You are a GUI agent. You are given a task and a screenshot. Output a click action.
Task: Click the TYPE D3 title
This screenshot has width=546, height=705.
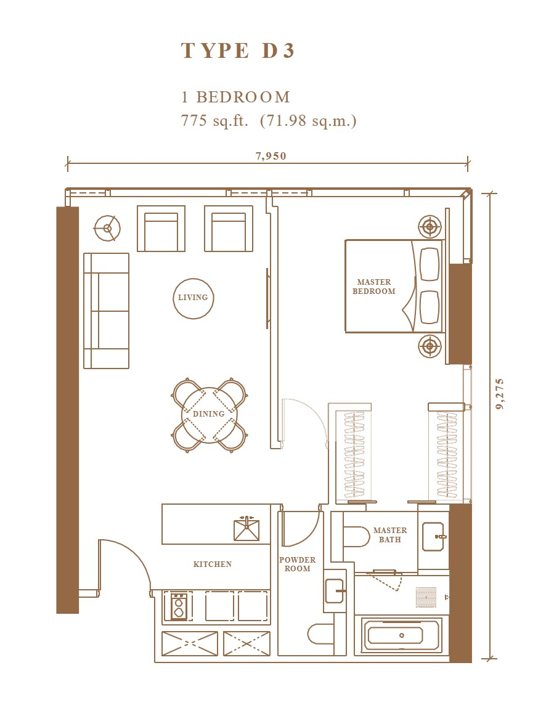click(x=237, y=51)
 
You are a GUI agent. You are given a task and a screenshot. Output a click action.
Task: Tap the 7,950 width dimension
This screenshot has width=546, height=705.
click(x=271, y=156)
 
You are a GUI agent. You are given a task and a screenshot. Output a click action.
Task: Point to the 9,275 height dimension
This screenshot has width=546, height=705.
click(x=500, y=394)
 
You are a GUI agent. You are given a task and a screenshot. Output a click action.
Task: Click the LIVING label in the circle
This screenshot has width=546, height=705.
click(x=193, y=297)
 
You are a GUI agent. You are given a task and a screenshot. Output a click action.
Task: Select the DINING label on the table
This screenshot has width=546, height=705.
click(x=209, y=414)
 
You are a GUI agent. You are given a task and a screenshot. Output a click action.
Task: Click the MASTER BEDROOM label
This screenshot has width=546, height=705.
click(x=373, y=287)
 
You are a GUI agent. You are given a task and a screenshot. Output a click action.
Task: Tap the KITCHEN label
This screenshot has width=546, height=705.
click(x=212, y=564)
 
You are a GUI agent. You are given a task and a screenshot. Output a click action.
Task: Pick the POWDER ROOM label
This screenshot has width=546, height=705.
click(x=297, y=564)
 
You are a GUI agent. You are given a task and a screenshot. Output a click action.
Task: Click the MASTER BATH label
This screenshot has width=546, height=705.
click(x=390, y=534)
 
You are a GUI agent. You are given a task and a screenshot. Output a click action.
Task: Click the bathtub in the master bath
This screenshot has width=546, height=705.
click(x=402, y=635)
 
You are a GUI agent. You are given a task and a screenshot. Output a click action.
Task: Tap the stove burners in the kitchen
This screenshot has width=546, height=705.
click(x=179, y=606)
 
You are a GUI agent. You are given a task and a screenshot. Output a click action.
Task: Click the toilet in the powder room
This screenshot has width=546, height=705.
click(x=320, y=634)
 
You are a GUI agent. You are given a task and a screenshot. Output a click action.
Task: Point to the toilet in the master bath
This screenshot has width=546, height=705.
click(x=356, y=537)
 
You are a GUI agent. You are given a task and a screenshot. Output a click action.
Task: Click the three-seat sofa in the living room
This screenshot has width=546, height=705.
click(x=107, y=311)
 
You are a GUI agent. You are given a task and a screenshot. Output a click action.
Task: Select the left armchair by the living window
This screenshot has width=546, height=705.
click(x=161, y=229)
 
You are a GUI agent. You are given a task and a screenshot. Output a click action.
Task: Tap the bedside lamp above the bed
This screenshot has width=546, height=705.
click(x=430, y=227)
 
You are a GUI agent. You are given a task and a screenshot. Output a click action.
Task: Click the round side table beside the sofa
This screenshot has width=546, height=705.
click(x=107, y=229)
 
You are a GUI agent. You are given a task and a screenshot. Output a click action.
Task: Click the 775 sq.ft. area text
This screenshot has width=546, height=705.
click(x=214, y=121)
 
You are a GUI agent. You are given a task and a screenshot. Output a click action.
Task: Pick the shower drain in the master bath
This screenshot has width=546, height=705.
click(x=426, y=598)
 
